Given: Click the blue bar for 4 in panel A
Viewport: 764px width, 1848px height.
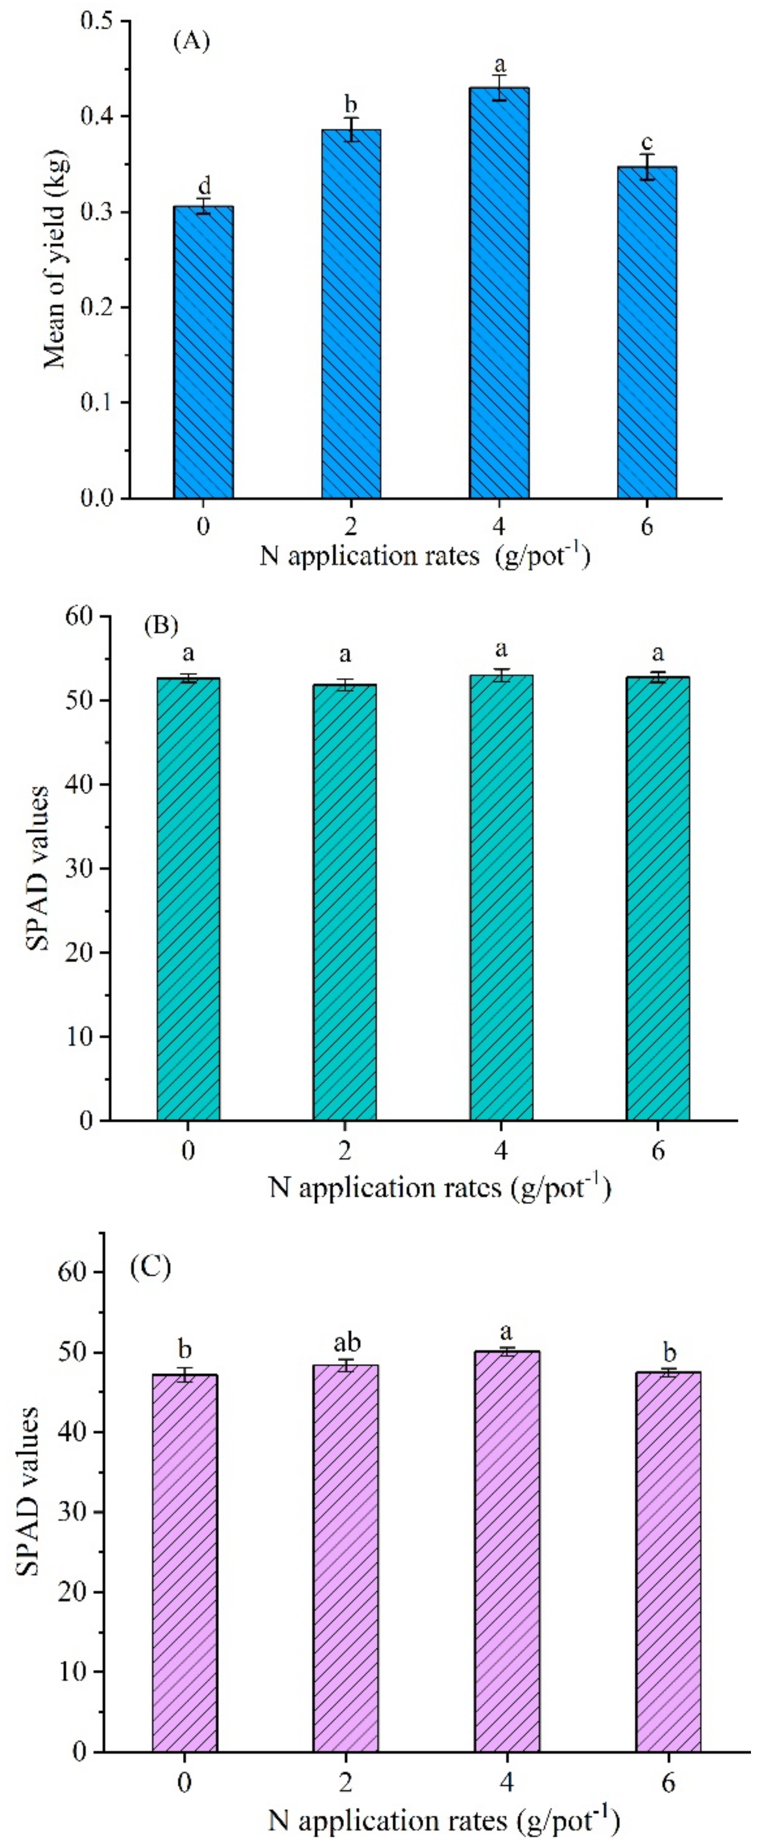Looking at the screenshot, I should coord(500,294).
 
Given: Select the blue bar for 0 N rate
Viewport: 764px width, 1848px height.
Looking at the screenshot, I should coord(204,351).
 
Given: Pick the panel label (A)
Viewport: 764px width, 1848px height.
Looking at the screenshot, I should coord(191,42).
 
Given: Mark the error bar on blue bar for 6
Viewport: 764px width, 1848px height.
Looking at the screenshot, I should coord(647,167).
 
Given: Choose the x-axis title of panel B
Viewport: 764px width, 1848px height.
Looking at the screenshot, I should coord(439,1188).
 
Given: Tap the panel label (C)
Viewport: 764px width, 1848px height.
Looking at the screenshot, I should coord(150,1268).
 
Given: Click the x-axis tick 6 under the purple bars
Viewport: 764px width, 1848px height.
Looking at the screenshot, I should coord(668,1783).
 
